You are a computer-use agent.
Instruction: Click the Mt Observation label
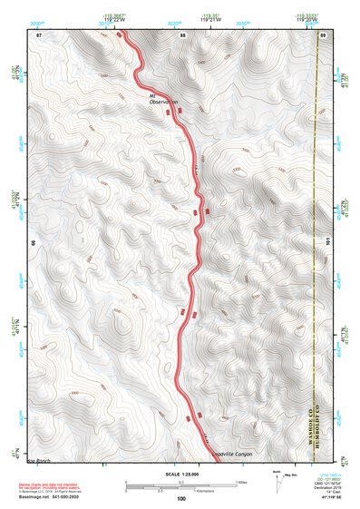161,98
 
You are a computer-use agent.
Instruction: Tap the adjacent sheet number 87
39,34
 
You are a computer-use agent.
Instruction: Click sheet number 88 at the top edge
182,34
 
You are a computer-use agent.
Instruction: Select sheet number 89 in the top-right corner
323,34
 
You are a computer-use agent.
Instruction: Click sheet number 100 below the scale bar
180,498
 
